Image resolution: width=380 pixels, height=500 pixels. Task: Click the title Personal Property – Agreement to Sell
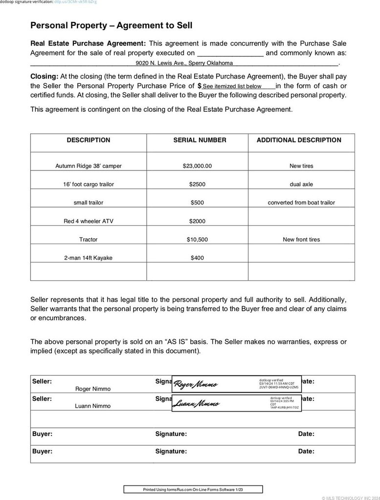tap(111, 25)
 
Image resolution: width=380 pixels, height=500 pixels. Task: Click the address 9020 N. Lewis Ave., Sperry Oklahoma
tap(184, 63)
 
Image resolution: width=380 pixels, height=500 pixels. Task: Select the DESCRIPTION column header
tap(89, 140)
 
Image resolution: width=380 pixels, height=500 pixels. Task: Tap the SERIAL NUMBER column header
tap(200, 140)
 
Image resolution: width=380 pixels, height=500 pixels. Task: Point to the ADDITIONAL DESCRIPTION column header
tap(299, 140)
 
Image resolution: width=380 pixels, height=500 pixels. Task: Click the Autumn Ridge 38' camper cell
tap(89, 166)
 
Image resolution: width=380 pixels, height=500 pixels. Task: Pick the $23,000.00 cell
tap(197, 166)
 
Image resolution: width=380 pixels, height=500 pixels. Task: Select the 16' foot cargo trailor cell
tap(89, 185)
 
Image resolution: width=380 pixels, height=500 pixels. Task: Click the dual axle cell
tap(301, 185)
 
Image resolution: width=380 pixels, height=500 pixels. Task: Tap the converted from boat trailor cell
tap(301, 203)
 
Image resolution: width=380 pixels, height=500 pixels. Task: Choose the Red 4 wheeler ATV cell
tap(89, 221)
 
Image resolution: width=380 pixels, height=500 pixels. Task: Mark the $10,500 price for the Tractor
tap(197, 240)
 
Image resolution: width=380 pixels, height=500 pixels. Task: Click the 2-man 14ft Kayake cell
tap(89, 258)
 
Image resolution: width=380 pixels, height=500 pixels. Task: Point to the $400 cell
tap(197, 258)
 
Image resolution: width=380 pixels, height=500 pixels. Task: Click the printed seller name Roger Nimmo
tap(93, 389)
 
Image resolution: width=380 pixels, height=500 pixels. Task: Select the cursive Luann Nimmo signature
tap(196, 404)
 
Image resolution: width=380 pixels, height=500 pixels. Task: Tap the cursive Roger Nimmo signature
tap(196, 385)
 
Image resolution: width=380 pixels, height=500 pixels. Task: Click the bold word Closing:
tap(45, 76)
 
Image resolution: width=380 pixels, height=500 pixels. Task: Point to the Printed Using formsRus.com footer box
tap(193, 489)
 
